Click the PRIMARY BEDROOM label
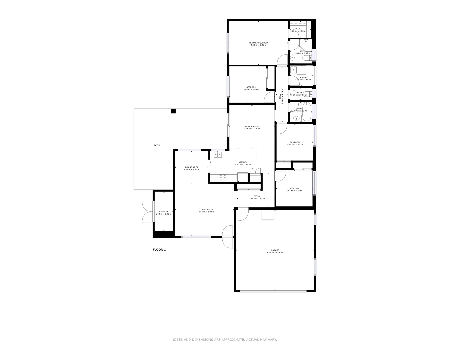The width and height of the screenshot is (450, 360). [258, 43]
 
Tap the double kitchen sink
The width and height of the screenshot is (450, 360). [218, 154]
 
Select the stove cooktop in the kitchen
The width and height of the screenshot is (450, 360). [223, 178]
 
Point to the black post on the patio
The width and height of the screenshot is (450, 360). [173, 111]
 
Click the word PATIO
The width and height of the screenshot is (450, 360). [157, 145]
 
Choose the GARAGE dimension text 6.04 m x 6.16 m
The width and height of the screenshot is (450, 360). [275, 253]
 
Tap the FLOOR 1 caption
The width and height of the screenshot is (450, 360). [159, 250]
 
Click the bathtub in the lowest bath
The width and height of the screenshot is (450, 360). [307, 112]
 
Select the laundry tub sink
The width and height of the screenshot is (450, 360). [293, 70]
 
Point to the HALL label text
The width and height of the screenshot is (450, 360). [280, 96]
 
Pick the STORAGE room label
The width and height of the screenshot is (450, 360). [163, 212]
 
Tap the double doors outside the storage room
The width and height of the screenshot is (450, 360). [147, 212]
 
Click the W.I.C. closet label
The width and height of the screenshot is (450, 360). [298, 29]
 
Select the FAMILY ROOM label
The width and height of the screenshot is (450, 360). [252, 126]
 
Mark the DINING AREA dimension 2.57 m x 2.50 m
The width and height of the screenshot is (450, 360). [191, 170]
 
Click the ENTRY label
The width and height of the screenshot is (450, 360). [257, 196]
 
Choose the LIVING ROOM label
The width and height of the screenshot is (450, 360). [206, 210]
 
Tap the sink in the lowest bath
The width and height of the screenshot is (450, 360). [296, 118]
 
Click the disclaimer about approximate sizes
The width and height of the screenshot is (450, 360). [225, 340]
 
